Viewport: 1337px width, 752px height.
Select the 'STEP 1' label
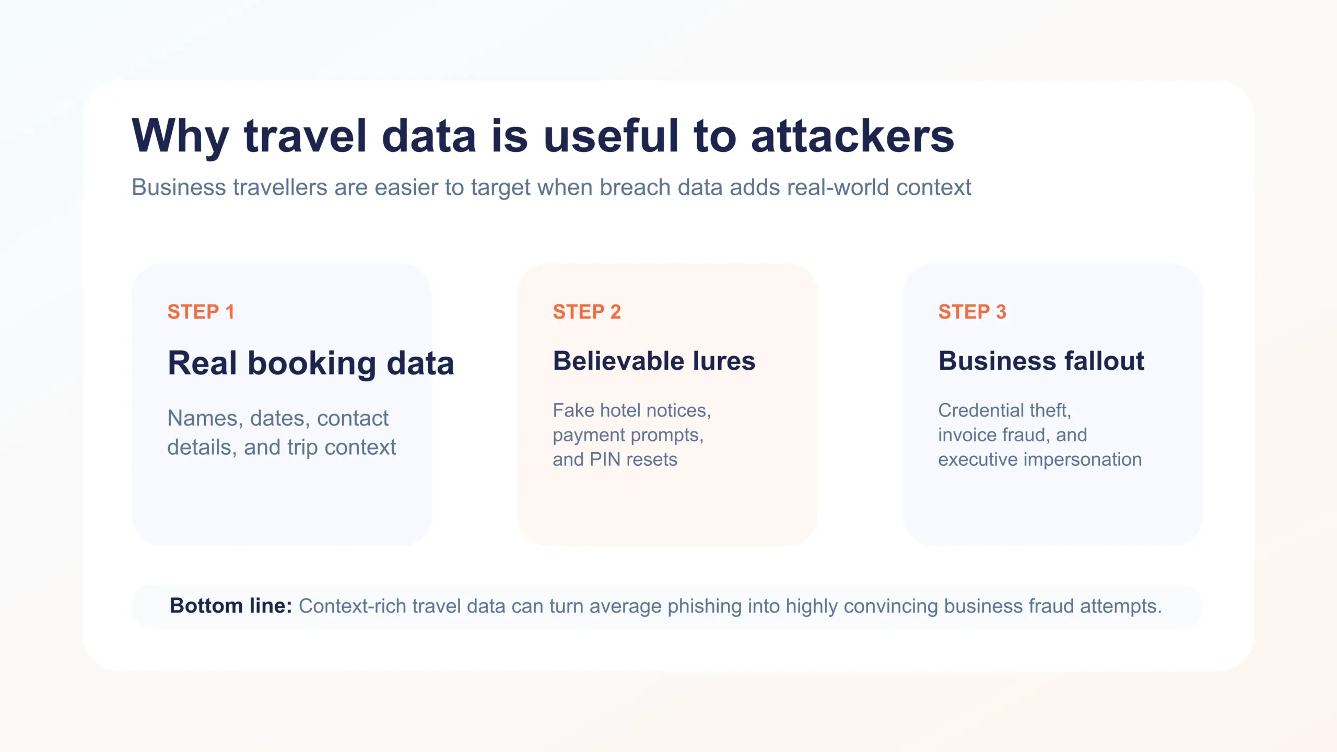[201, 312]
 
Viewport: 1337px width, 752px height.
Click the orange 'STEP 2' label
[587, 312]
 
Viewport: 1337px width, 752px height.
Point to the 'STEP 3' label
[972, 312]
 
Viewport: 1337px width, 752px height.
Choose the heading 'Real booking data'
[311, 363]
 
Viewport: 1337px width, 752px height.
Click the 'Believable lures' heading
[654, 361]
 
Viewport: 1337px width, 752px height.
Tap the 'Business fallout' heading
[1041, 361]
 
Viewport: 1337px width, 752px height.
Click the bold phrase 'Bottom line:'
[230, 606]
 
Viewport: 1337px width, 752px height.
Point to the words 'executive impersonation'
[1039, 460]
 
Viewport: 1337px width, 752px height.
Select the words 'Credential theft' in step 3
[1004, 410]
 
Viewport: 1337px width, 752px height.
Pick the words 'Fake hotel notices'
[631, 410]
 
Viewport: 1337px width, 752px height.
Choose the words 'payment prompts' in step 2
[627, 435]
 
